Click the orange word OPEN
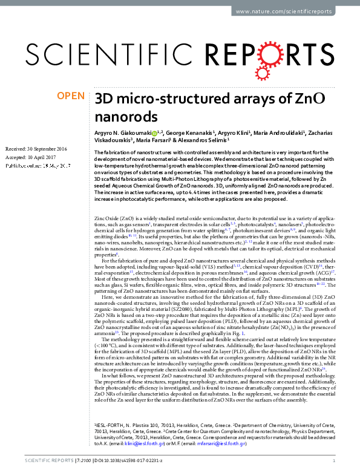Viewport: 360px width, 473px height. pos(70,95)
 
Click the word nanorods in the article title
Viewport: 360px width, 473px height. pos(120,116)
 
